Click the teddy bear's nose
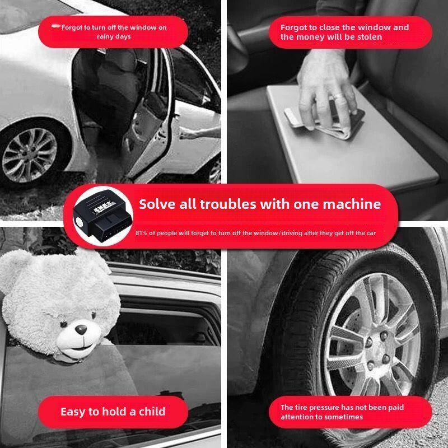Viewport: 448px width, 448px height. [x=81, y=329]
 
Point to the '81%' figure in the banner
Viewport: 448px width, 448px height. [x=141, y=233]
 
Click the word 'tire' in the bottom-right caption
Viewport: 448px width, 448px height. [x=301, y=407]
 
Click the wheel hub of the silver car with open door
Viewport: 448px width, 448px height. [x=29, y=155]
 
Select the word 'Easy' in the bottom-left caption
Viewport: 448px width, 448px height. [x=73, y=412]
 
